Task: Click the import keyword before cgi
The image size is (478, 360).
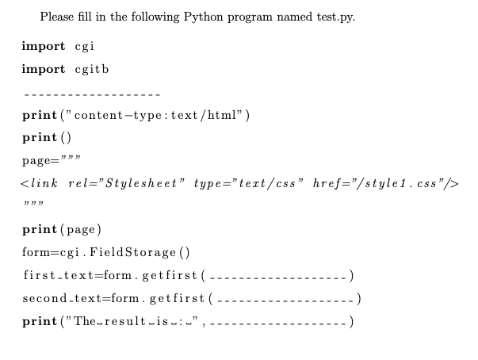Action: [x=43, y=46]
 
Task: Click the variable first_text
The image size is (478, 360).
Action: [x=51, y=275]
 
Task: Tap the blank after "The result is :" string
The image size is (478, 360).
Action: [x=278, y=324]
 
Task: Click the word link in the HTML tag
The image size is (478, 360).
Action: [x=44, y=184]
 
